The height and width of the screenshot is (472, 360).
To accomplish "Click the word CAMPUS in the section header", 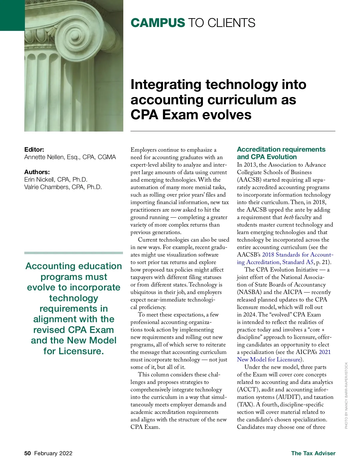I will pyautogui.click(x=158, y=23).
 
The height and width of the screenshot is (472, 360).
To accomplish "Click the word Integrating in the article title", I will pyautogui.click(x=166, y=85).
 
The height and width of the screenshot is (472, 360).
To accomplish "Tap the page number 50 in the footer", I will pyautogui.click(x=28, y=453).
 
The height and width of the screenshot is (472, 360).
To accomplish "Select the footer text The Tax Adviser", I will pyautogui.click(x=313, y=453).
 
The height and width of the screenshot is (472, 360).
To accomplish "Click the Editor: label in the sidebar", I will pyautogui.click(x=34, y=149).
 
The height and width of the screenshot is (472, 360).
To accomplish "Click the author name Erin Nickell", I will pyautogui.click(x=39, y=180).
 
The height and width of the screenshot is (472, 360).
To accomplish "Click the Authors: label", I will pyautogui.click(x=37, y=172).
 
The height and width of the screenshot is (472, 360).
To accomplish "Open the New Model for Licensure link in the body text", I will pyautogui.click(x=268, y=360).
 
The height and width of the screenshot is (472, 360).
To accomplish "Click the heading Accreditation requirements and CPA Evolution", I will pyautogui.click(x=281, y=153).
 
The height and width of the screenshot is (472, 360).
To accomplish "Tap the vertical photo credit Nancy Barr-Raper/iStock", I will pyautogui.click(x=346, y=396).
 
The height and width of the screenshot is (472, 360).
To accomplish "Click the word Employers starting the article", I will pyautogui.click(x=143, y=150).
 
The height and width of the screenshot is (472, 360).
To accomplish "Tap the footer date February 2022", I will pyautogui.click(x=53, y=453).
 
